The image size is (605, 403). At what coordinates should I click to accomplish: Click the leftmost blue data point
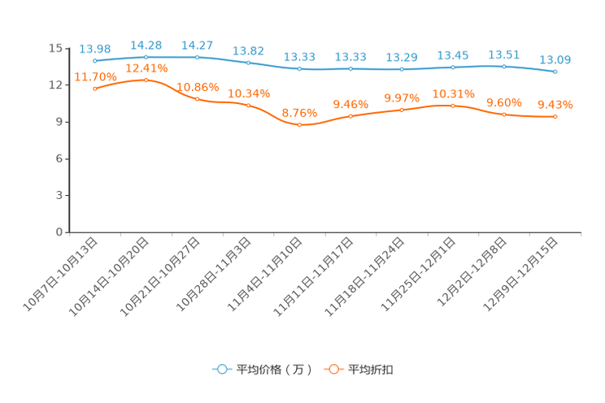[x=95, y=61]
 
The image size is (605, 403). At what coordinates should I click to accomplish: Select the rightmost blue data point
[x=555, y=72]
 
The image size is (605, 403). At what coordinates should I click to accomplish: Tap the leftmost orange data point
[x=95, y=88]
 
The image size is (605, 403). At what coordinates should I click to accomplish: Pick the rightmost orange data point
[x=555, y=118]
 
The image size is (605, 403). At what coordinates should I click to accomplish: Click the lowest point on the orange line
[x=299, y=125]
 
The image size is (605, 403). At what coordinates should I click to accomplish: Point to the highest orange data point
[x=146, y=80]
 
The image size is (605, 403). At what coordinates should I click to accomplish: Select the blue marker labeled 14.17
[x=198, y=57]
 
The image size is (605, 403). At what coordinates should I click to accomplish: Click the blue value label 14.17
[x=198, y=45]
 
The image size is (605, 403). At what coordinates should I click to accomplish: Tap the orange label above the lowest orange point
[x=299, y=113]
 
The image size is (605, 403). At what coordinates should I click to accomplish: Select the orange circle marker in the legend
[x=333, y=369]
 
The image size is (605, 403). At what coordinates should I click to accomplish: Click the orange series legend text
[x=372, y=370]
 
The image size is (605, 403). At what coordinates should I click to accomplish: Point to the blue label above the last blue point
[x=556, y=59]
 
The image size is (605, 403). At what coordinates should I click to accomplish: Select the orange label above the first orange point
[x=95, y=76]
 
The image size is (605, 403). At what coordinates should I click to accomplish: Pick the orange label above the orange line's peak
[x=146, y=67]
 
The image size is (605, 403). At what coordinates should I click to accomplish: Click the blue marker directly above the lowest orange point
[x=299, y=69]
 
